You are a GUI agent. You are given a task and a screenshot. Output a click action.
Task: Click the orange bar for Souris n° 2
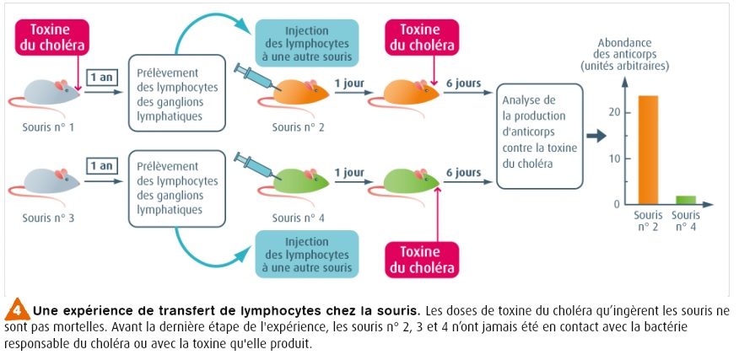click(648, 149)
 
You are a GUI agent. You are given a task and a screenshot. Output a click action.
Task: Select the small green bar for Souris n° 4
click(686, 200)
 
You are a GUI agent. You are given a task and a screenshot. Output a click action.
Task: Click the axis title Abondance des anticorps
click(635, 54)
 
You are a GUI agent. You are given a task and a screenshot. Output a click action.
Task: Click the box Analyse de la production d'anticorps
click(540, 137)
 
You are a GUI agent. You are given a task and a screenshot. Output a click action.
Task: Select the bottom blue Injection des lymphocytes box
click(308, 254)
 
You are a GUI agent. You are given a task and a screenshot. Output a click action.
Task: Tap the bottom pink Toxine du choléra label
click(421, 260)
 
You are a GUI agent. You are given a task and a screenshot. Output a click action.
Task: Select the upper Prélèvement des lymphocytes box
click(177, 93)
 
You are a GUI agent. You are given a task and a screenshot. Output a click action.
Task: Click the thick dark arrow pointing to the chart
click(596, 136)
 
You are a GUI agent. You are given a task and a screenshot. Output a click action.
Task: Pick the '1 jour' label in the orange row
click(349, 83)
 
